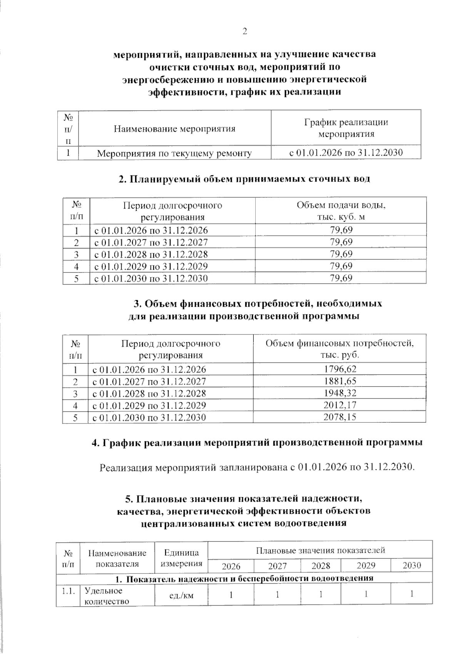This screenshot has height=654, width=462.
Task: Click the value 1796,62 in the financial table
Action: click(x=340, y=369)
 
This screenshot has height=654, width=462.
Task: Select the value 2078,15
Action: click(x=340, y=417)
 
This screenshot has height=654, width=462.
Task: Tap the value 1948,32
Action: click(x=340, y=393)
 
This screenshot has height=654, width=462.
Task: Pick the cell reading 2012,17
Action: click(x=340, y=405)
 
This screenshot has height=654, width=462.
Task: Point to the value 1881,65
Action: click(x=340, y=381)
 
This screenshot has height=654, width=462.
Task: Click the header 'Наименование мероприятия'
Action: click(x=174, y=129)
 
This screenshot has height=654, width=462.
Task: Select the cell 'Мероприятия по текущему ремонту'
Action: click(x=174, y=153)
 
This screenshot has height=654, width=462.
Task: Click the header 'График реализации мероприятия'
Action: click(x=346, y=128)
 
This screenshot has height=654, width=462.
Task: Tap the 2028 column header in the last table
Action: click(x=321, y=566)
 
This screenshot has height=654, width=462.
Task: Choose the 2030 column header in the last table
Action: click(x=412, y=566)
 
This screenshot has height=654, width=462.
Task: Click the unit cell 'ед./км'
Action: click(x=181, y=595)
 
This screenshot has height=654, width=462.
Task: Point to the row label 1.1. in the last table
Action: click(x=68, y=591)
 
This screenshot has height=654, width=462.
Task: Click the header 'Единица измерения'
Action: click(x=181, y=558)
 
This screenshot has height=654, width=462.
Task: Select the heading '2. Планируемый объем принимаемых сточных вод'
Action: click(x=244, y=179)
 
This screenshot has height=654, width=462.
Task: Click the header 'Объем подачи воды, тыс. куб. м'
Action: click(x=341, y=211)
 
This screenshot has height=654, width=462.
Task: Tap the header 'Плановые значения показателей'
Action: click(x=320, y=550)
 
